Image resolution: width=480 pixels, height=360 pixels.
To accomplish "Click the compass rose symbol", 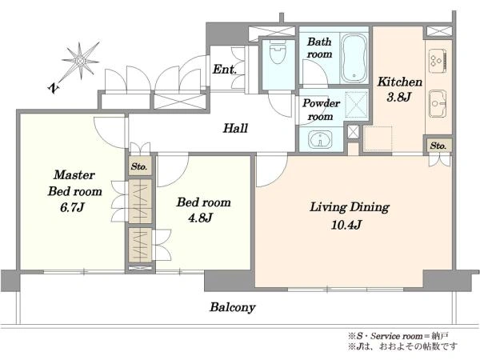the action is (81, 61).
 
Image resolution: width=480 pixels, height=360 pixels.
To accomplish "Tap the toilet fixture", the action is (278, 52).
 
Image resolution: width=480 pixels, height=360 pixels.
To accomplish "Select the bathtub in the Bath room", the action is (354, 58).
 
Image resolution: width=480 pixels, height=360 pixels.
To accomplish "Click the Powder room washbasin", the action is (320, 140).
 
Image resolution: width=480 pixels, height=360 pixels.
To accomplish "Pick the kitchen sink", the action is (438, 103).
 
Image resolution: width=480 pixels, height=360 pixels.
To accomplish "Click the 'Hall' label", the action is (235, 128).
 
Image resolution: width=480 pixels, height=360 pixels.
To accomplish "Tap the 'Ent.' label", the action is (224, 69).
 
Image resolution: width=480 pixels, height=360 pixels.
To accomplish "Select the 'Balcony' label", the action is (232, 307).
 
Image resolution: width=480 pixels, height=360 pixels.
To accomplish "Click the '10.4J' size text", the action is (346, 226).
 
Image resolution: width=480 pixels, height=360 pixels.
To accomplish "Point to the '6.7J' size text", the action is (72, 208).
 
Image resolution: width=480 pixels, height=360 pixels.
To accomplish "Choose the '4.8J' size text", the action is (200, 218).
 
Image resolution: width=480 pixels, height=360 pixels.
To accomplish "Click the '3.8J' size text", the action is (398, 98).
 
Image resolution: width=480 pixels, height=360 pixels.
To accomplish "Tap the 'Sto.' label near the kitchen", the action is (438, 146).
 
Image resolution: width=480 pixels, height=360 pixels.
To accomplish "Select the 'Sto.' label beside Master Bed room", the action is (139, 166).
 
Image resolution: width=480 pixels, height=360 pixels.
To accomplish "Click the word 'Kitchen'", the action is (400, 82).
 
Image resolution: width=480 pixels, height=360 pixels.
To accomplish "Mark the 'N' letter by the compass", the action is (54, 89).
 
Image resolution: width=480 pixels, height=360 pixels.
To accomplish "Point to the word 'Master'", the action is (74, 174).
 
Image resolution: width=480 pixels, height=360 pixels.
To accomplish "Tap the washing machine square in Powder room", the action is (356, 104).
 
